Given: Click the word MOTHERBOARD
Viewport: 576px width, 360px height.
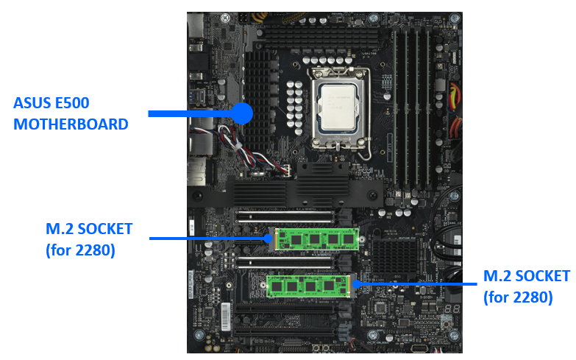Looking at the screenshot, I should point(71,124).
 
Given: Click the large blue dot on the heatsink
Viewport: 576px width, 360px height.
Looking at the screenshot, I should point(242,113).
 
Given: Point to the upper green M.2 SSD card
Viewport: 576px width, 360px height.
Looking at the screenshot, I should point(316,239).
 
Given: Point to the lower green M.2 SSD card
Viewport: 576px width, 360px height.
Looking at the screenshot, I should point(309,284).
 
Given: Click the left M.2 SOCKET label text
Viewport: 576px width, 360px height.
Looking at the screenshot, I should point(88,229).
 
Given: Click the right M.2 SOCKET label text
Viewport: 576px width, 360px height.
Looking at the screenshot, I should point(526,276).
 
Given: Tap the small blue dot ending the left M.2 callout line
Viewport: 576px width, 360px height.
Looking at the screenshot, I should point(269,238).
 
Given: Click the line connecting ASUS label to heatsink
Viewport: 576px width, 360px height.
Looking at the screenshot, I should point(191,113).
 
